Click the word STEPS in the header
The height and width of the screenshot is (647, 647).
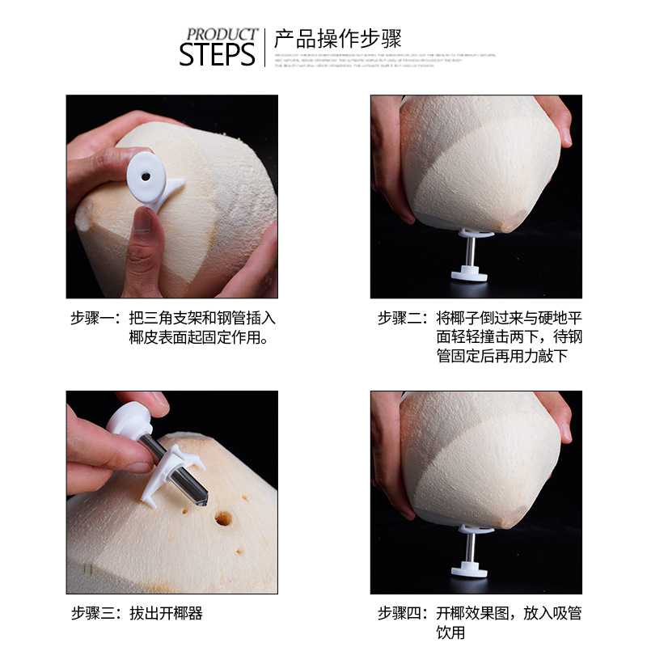(217, 54)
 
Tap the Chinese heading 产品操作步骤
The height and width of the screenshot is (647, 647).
(337, 39)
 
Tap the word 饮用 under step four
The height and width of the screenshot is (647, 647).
(451, 632)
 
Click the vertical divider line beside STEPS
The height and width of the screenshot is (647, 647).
(265, 47)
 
